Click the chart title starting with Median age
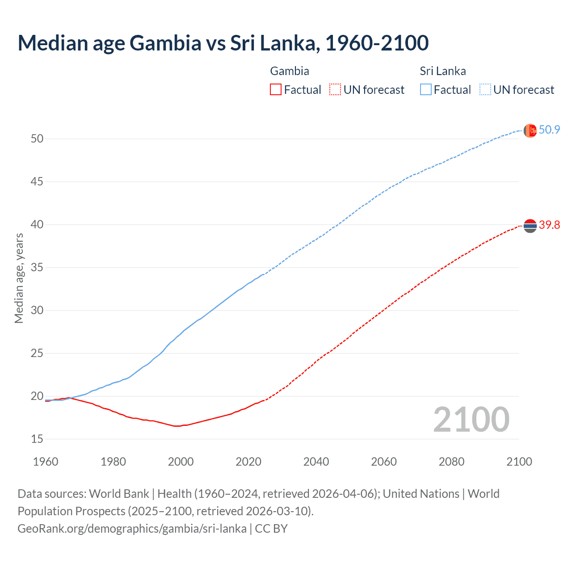click(x=223, y=43)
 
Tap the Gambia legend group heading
click(x=290, y=71)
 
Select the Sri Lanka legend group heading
click(x=442, y=71)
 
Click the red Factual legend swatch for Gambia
click(x=276, y=89)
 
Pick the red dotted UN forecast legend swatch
click(x=335, y=89)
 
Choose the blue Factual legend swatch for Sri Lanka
click(x=426, y=89)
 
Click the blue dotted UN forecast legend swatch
click(x=485, y=89)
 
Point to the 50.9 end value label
click(x=549, y=130)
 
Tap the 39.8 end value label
click(x=549, y=225)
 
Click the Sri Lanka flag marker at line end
click(x=530, y=130)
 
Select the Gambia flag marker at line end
click(x=530, y=226)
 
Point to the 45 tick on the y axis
click(x=37, y=181)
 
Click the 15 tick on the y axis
click(x=37, y=439)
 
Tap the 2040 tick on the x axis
click(x=316, y=462)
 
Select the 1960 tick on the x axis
click(x=46, y=462)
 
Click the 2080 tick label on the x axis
click(x=451, y=462)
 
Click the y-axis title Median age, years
click(x=19, y=278)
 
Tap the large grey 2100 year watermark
click(x=471, y=419)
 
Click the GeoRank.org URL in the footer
click(x=132, y=529)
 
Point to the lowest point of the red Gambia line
click(x=177, y=426)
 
